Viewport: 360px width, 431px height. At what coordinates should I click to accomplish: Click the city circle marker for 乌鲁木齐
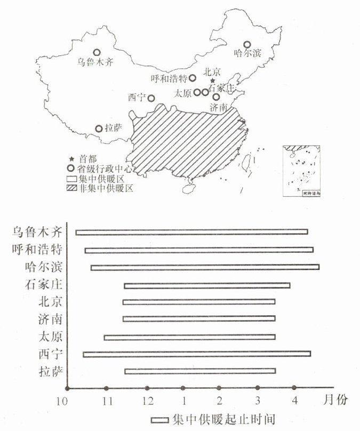coord(97,52)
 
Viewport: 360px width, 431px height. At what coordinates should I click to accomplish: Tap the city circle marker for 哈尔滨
coord(247,45)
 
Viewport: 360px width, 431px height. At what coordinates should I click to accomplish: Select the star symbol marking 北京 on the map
coord(212,80)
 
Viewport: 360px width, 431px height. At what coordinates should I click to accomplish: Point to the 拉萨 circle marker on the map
coord(99,129)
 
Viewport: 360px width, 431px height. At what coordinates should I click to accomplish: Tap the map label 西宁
coord(136,98)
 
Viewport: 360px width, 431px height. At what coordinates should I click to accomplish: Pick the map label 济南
coord(219,107)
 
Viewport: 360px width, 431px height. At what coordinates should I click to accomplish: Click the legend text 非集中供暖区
coord(106,188)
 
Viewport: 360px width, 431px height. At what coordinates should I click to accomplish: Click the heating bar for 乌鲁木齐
coord(192,232)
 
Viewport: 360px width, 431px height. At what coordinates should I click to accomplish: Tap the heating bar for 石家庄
coord(207,285)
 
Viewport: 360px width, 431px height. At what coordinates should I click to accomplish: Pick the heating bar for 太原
coord(189,337)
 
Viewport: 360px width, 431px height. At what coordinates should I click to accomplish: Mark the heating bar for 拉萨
coord(200,371)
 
